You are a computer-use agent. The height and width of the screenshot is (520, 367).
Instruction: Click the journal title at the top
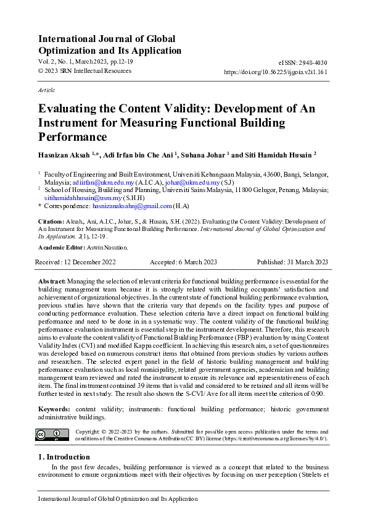tap(110, 44)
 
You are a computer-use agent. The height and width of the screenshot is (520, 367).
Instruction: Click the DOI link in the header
tap(275, 72)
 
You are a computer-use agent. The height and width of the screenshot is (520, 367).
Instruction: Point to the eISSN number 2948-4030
tap(311, 62)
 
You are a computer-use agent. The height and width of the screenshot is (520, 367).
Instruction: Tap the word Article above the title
tap(47, 90)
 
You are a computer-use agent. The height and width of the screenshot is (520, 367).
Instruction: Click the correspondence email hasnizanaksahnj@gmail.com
tap(136, 206)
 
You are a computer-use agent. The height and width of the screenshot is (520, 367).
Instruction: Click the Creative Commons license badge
tap(52, 435)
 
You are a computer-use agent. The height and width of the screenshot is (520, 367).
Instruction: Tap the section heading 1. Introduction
tap(64, 457)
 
